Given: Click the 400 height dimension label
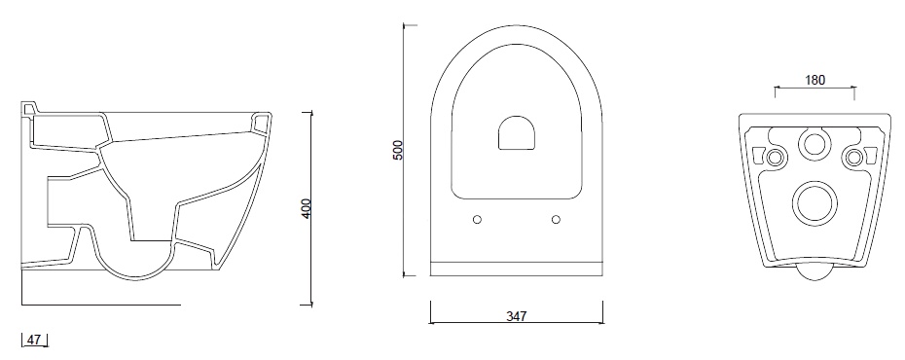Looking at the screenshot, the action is pos(307,208).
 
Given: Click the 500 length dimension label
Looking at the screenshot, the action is pos(398,150).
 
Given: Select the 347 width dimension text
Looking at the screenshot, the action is pos(517,316).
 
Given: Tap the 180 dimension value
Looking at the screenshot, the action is pos(814,80).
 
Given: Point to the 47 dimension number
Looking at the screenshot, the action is pos(34,340).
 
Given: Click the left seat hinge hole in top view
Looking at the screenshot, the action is pos(477,219).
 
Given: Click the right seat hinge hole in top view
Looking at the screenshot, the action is pos(556,219).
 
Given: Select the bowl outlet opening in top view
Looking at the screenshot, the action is pos(517,132).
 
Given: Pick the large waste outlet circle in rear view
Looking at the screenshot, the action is pos(814,203).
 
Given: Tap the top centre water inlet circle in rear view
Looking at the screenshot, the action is pos(814,143).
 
